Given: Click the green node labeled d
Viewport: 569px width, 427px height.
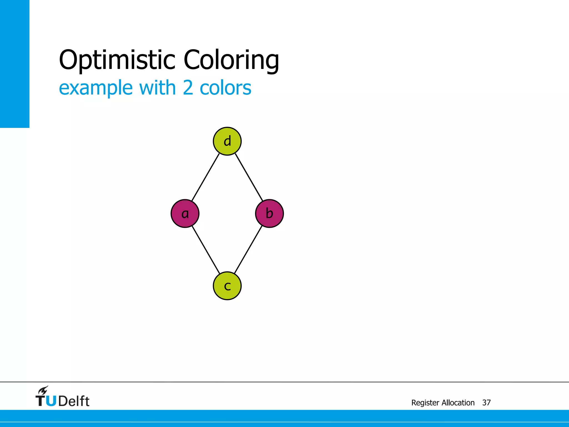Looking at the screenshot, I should pos(227,141).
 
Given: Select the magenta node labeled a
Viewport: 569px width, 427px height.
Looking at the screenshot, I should pos(185,213).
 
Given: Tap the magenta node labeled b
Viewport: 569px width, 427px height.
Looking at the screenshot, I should pos(269,213).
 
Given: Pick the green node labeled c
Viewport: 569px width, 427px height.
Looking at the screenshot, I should pos(227,286).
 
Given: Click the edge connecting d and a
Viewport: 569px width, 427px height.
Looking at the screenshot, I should pos(206,177).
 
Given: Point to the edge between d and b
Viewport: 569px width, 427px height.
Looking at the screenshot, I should pos(249,177).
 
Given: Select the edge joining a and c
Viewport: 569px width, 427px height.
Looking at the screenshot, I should pos(206,250).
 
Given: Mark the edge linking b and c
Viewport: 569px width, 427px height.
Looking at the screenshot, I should pos(248,250).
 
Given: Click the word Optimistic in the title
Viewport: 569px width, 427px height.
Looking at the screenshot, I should pos(117,60).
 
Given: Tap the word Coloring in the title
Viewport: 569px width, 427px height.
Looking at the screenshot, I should pos(231,60).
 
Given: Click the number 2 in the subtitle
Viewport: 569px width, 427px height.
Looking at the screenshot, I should pos(188,88).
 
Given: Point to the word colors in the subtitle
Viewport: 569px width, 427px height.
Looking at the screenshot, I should pos(225,88).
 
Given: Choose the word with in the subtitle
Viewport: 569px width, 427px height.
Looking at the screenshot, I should pos(157,88).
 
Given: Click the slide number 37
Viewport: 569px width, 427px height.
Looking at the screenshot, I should pos(486,403).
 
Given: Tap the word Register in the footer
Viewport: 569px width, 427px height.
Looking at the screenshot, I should pos(425,403).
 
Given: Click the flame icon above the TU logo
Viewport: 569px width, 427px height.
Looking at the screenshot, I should pos(43,390).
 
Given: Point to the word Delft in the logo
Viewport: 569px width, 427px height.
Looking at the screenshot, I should pos(74,401).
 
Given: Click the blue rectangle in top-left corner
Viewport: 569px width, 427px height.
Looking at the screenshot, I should pos(14,64).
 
